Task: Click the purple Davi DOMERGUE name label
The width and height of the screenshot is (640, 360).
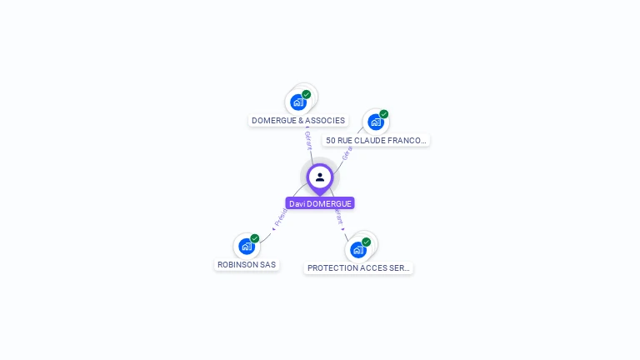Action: (320, 203)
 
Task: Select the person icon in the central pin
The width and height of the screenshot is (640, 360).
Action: (320, 177)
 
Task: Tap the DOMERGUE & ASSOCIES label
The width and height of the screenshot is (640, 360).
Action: (298, 121)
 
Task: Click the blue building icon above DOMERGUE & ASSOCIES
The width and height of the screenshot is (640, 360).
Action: (297, 102)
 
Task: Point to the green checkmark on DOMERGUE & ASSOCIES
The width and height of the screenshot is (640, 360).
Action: (307, 94)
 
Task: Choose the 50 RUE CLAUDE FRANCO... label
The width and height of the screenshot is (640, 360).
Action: (376, 141)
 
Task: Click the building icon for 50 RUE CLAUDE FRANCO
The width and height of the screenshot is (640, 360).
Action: (375, 122)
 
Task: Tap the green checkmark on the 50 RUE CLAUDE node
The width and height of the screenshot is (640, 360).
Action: (384, 114)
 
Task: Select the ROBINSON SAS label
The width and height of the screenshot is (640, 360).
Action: (247, 265)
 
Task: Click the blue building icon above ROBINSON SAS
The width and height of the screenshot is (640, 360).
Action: (246, 246)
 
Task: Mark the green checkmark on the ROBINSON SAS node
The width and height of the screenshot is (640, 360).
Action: (255, 238)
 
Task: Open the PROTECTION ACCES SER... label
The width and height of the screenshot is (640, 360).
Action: (358, 268)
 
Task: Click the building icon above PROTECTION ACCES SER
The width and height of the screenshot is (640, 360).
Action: (357, 249)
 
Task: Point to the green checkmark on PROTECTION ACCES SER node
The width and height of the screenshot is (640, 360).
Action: (367, 242)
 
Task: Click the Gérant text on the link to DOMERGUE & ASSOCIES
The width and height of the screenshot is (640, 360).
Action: (308, 140)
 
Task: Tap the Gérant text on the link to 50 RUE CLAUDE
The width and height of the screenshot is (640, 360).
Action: (347, 153)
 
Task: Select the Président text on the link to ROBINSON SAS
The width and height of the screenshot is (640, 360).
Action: (281, 217)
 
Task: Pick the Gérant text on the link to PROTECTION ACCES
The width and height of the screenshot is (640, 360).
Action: (337, 216)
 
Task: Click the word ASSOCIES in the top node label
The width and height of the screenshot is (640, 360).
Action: (326, 121)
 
